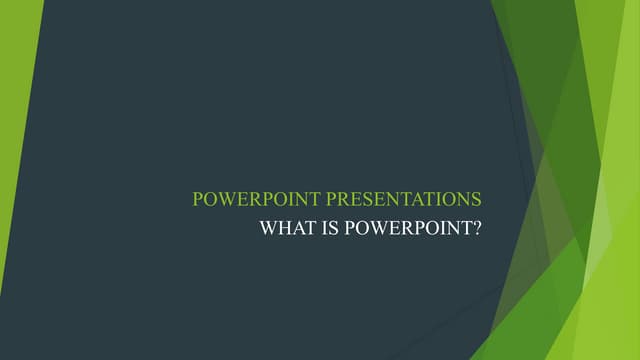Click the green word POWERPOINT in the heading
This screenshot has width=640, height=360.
(249, 198)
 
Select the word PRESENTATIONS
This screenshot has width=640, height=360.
(398, 198)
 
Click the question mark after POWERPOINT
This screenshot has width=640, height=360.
(477, 227)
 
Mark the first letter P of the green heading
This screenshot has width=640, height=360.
(198, 198)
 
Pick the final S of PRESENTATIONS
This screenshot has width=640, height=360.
(476, 198)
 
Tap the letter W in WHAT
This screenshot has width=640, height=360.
(268, 227)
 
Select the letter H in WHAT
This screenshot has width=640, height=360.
(283, 227)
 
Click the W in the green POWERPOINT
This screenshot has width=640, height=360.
(226, 198)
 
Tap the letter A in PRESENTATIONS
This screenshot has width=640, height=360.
(409, 198)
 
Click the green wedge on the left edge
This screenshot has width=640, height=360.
(15, 150)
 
